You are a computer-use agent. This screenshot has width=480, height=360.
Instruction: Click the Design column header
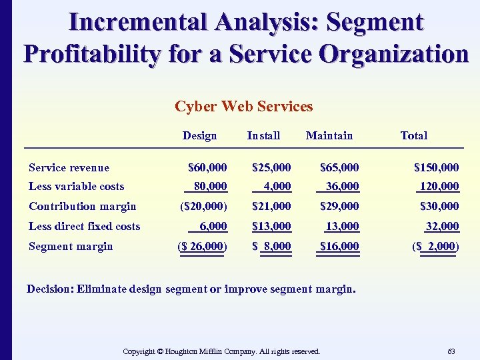[199, 135]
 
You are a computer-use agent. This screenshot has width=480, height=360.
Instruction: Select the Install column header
[263, 135]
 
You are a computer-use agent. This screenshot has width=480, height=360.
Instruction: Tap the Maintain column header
[329, 135]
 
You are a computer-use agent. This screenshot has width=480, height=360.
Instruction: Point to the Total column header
[413, 135]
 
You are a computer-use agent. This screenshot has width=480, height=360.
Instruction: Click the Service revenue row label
[69, 167]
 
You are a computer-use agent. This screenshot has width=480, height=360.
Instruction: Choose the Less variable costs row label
[77, 187]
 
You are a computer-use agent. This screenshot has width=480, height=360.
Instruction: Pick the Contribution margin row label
[83, 206]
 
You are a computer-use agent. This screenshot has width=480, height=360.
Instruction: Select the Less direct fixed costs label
[85, 226]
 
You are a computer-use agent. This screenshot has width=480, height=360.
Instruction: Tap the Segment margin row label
[71, 246]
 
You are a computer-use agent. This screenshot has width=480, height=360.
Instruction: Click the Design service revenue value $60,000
[207, 167]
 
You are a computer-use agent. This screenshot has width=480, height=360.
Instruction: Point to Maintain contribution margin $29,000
[339, 206]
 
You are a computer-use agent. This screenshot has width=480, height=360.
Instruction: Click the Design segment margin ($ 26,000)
[203, 246]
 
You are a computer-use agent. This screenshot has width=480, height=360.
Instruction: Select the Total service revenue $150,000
[436, 167]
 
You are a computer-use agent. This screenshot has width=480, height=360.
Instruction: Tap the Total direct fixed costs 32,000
[440, 226]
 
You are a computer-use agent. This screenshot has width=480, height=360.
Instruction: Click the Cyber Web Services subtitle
[243, 107]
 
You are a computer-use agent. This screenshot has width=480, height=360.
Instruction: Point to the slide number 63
[451, 351]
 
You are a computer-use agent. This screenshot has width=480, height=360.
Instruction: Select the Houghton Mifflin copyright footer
[222, 351]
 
